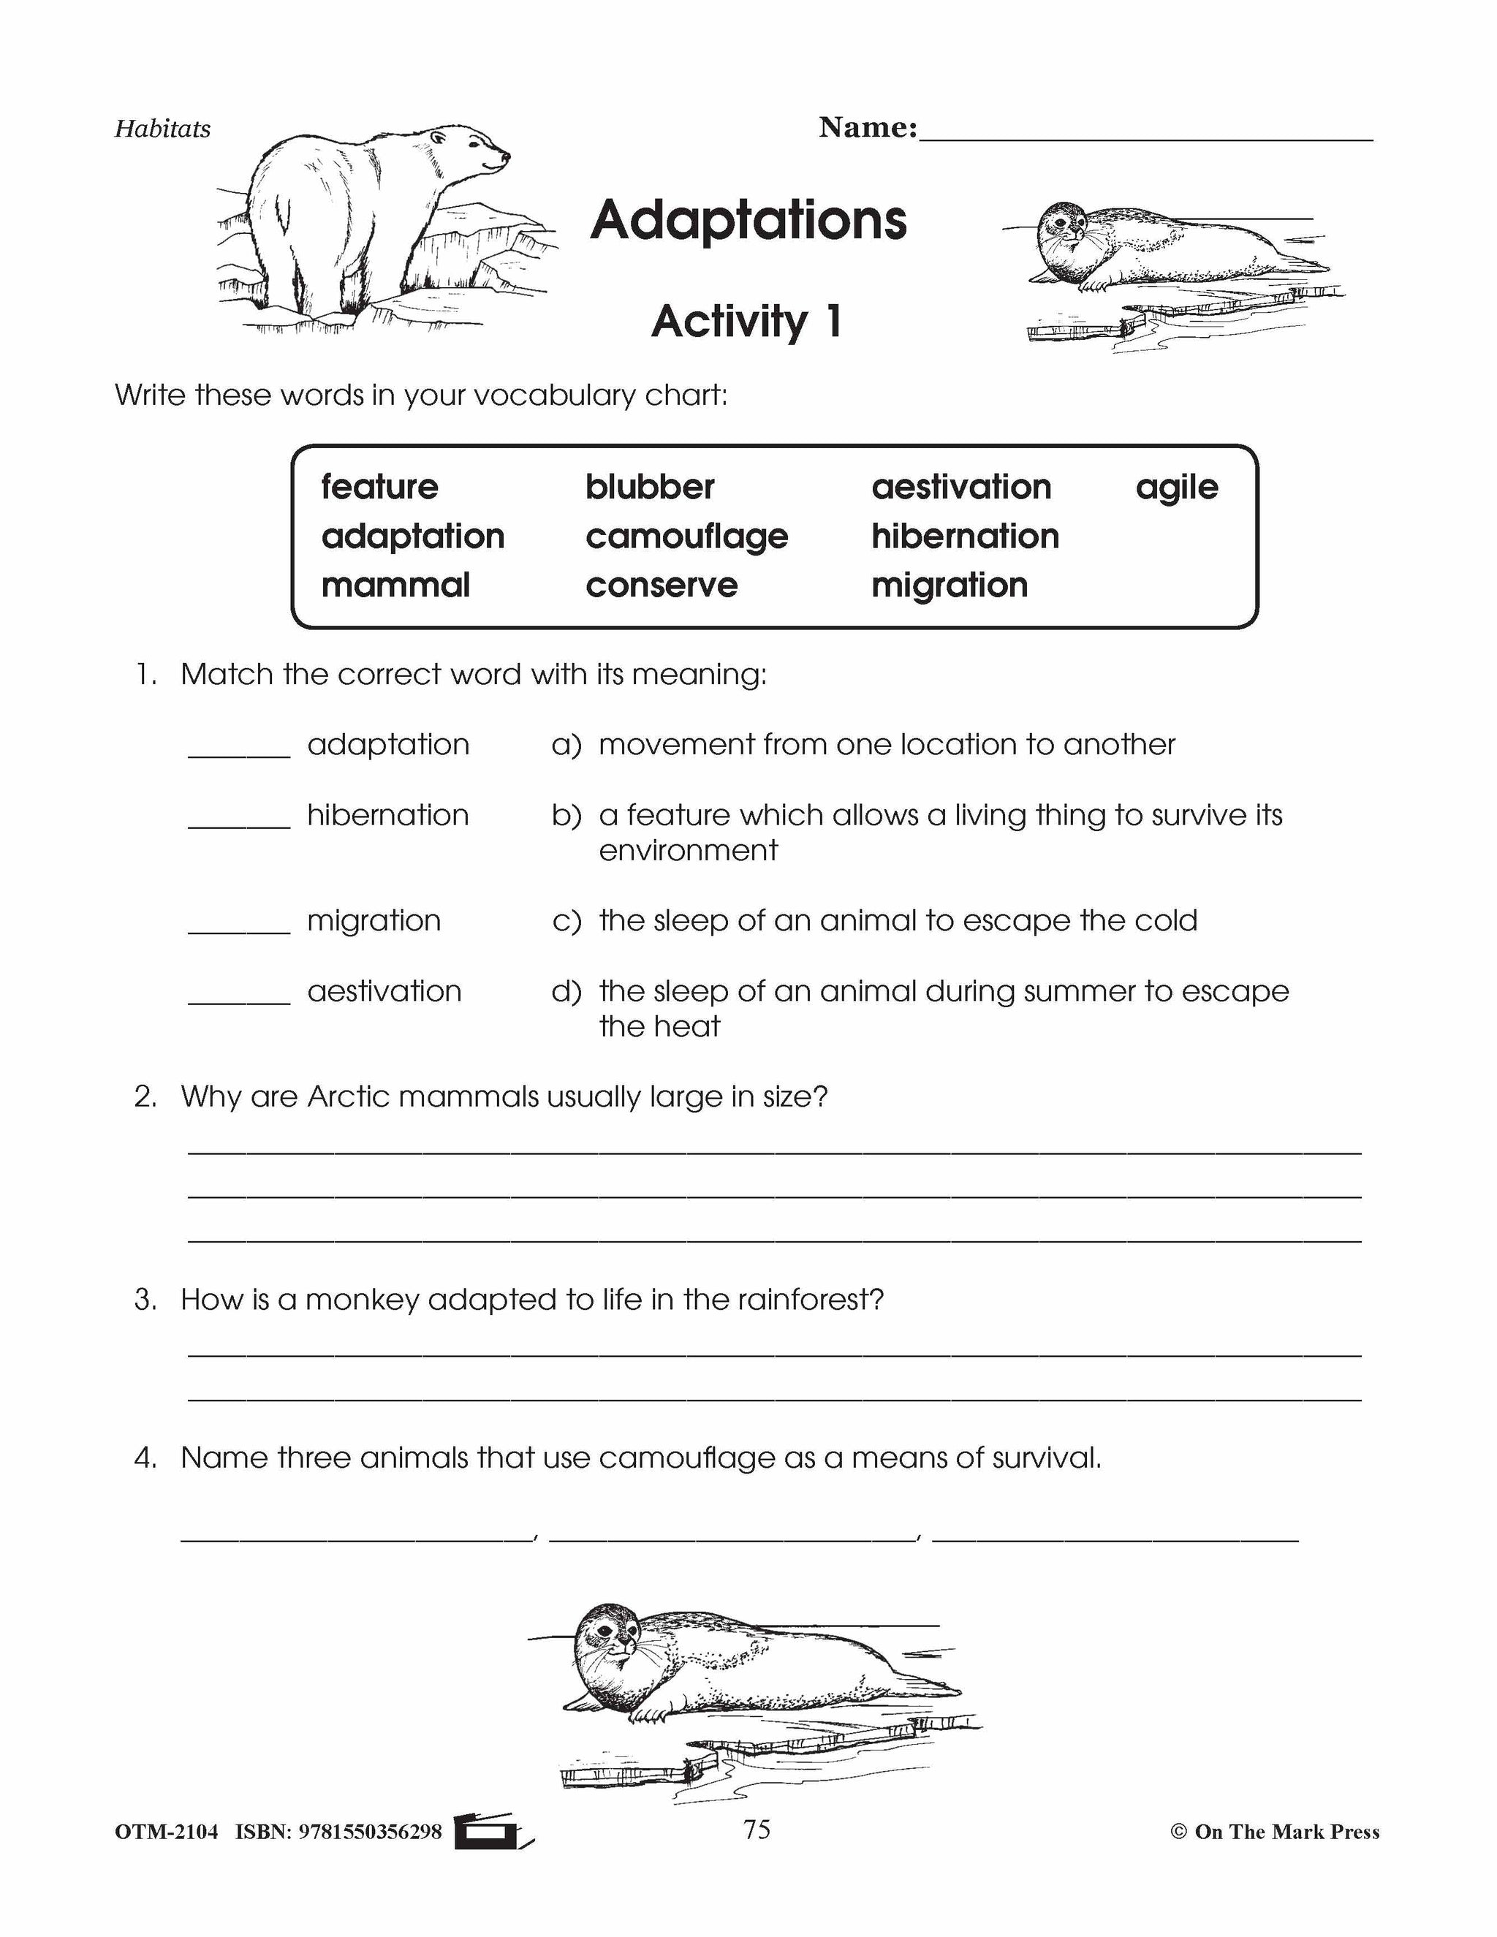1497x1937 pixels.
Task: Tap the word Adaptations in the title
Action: (x=748, y=220)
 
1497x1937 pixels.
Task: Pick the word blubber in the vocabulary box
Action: (x=649, y=487)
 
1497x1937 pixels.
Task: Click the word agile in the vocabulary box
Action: (x=1176, y=487)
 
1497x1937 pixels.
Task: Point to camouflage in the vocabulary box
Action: (x=686, y=537)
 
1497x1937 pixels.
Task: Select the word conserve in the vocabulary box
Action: (x=662, y=585)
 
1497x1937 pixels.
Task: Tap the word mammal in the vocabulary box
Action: (x=395, y=585)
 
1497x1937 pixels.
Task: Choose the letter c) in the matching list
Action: (x=566, y=920)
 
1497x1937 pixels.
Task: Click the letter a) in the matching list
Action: (x=566, y=745)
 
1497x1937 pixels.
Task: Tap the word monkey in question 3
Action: (x=362, y=1300)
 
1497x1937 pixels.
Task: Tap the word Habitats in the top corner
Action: (x=163, y=129)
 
